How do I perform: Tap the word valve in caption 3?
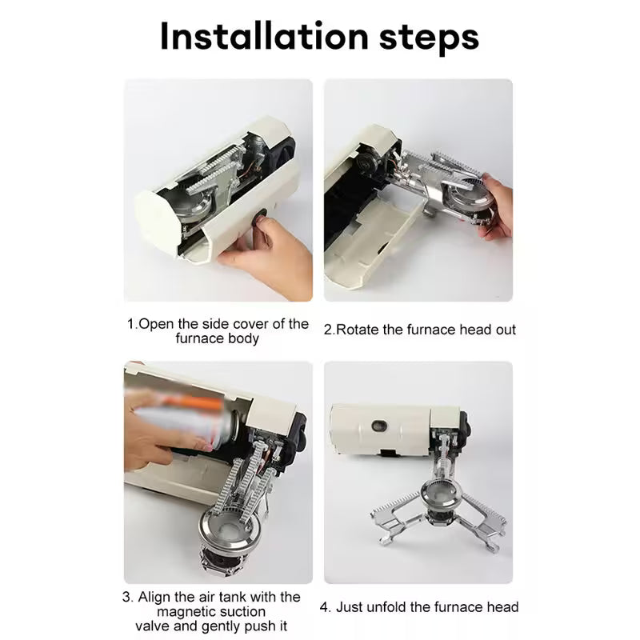pos(155,626)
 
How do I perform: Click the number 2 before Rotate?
pos(328,329)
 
